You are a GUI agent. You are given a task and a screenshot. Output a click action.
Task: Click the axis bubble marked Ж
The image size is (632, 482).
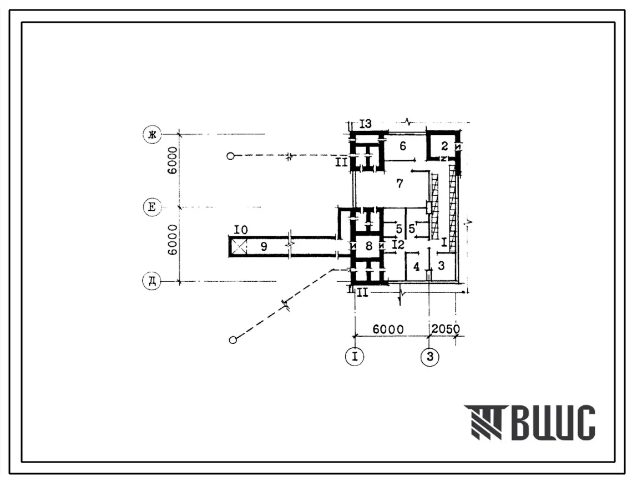click(x=152, y=134)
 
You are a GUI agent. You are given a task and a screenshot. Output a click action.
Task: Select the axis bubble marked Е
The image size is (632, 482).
click(x=152, y=207)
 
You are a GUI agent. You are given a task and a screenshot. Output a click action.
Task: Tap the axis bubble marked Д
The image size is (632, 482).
click(x=152, y=281)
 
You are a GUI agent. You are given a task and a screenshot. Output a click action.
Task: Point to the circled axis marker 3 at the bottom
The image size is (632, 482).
click(x=429, y=357)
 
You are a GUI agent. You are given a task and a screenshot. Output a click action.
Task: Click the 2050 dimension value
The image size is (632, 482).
click(x=446, y=329)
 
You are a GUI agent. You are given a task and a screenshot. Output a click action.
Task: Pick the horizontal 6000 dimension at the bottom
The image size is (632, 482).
click(x=388, y=329)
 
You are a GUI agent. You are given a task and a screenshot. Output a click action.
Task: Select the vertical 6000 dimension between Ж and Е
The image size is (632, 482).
click(x=172, y=160)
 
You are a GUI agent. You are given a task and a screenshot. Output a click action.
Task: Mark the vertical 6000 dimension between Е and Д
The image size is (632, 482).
click(x=172, y=240)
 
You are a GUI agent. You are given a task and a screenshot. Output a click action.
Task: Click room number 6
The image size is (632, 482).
click(x=403, y=146)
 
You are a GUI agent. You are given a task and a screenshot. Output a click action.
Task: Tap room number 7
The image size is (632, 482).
click(x=400, y=184)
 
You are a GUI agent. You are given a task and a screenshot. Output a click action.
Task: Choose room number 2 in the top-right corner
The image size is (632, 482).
click(x=444, y=146)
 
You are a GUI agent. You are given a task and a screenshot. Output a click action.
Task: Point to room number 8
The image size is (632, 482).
click(x=369, y=245)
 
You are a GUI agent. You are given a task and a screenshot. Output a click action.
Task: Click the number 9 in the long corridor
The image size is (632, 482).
click(x=264, y=246)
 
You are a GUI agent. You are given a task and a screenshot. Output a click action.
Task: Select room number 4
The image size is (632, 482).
click(x=416, y=266)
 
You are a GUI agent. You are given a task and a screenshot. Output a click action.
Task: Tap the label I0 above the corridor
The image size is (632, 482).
click(x=241, y=230)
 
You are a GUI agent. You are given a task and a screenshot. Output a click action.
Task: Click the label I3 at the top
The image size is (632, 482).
click(x=366, y=124)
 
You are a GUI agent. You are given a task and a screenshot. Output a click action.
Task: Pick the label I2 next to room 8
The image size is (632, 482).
click(x=398, y=245)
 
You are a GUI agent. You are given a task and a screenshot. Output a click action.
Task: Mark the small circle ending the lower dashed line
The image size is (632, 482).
click(x=232, y=340)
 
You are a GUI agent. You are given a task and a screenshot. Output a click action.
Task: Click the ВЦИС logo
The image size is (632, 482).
click(x=529, y=422)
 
